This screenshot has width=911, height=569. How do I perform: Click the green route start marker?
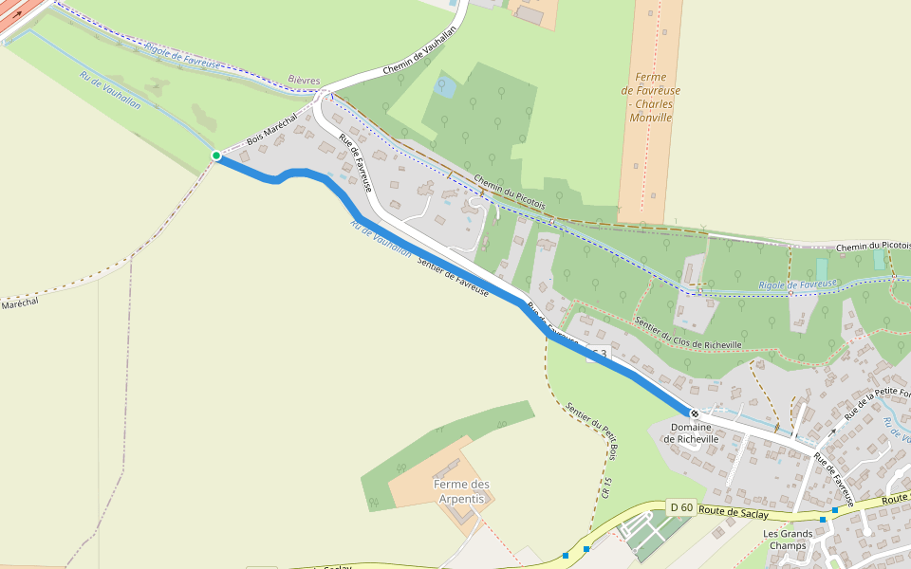coord(216,156)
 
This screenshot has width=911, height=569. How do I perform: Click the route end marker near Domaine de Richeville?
coord(695,413)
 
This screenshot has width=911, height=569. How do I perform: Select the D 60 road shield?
coord(680,507)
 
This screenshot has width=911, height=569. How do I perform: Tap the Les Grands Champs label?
coord(788,539)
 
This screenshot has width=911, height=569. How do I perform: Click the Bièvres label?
coord(304,82)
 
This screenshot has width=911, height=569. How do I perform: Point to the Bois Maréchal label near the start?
coord(271,128)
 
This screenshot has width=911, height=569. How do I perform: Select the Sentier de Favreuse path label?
coord(453,278)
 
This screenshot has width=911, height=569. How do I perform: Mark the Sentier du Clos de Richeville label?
coord(688,332)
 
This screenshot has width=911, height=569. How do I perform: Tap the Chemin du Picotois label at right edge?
coord(872,247)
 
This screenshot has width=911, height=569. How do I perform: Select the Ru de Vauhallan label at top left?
coord(110,91)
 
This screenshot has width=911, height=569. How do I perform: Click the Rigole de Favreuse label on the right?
coord(798,284)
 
